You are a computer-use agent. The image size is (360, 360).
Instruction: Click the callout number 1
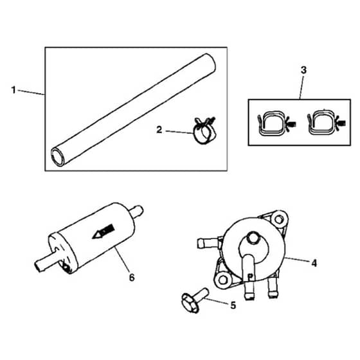14,90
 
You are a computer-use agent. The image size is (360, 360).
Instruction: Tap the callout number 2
159,130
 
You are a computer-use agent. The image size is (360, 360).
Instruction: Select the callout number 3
303,70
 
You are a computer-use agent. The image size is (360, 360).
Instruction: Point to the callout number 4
314,263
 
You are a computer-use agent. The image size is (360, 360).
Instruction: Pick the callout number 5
233,305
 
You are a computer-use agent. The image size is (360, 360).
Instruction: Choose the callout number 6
132,278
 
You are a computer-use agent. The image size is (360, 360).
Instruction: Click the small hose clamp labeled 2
204,131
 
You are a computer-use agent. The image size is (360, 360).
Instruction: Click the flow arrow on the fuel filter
104,231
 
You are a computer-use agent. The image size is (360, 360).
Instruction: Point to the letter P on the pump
251,276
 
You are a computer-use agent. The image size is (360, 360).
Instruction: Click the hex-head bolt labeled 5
195,300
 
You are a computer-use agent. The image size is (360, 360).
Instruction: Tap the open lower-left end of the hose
58,157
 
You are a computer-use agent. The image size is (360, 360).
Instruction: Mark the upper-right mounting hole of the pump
278,219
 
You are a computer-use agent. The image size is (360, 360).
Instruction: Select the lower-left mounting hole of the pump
222,280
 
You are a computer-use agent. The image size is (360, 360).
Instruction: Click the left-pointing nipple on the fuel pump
208,243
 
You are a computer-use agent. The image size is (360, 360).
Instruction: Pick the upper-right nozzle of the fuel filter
136,211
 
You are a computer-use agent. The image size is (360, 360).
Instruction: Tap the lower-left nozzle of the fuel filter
46,262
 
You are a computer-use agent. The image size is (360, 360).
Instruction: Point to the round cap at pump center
253,238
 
